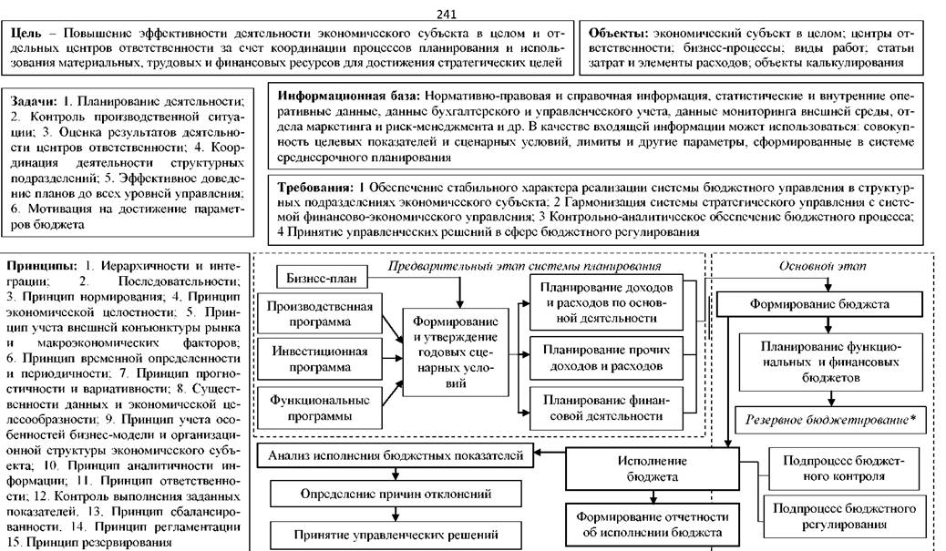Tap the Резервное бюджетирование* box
pyautogui.click(x=829, y=421)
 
